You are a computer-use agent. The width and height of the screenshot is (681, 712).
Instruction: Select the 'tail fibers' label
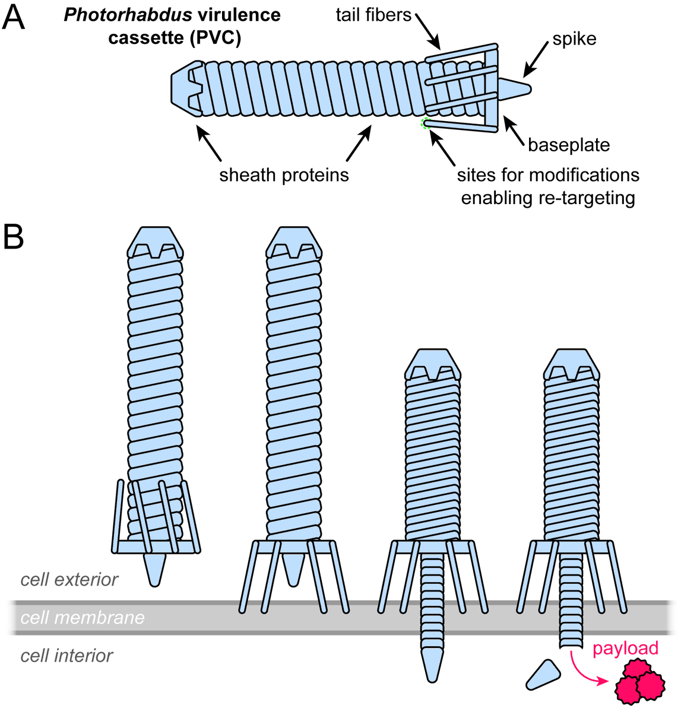pyautogui.click(x=373, y=15)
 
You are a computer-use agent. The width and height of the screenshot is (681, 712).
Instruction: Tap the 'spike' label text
pyautogui.click(x=574, y=39)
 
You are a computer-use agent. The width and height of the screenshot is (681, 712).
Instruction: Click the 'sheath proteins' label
pyautogui.click(x=284, y=175)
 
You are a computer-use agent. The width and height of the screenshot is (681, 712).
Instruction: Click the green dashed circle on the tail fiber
pyautogui.click(x=426, y=123)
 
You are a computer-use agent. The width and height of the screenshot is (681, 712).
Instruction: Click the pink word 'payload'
pyautogui.click(x=625, y=648)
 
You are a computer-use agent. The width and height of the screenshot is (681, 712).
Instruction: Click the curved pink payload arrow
pyautogui.click(x=585, y=670)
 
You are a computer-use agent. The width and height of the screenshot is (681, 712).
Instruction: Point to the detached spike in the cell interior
pyautogui.click(x=543, y=675)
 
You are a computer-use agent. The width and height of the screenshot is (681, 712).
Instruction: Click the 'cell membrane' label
pyautogui.click(x=83, y=618)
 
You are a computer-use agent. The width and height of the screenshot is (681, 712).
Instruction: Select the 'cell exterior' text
pyautogui.click(x=69, y=580)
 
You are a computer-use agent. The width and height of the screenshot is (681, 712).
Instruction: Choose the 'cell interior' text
pyautogui.click(x=66, y=656)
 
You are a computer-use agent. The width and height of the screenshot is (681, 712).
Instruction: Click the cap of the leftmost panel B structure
pyautogui.click(x=156, y=243)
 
